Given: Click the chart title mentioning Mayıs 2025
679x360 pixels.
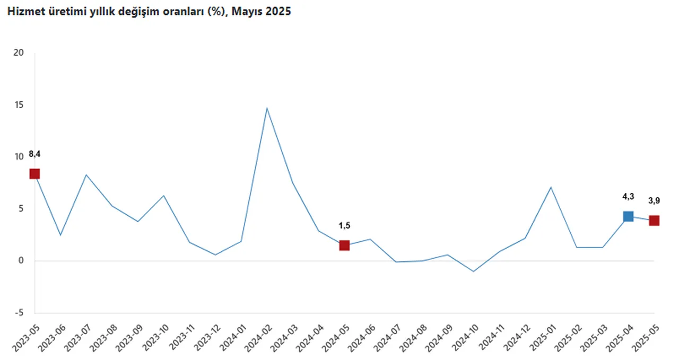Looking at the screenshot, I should [149, 11].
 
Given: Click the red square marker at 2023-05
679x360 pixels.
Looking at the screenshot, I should [34, 174].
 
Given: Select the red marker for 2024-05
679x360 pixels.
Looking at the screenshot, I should [344, 245].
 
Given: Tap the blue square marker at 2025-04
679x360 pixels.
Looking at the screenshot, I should [628, 216].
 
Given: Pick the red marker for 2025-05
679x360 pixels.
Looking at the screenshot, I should [654, 221].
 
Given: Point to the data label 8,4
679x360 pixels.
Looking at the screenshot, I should [34, 154].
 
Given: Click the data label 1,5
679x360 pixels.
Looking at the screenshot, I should [344, 226].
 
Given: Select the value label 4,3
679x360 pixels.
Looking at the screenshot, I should [628, 197].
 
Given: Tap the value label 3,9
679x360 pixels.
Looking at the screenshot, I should [654, 201].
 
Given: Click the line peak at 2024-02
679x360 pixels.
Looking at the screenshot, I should [267, 108].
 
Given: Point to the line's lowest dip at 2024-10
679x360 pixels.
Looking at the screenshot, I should [473, 271].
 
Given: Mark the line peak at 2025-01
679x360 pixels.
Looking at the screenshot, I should [551, 187].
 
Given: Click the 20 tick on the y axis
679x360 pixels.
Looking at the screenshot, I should [20, 53].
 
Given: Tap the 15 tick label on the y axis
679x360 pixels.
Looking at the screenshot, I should [20, 105].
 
